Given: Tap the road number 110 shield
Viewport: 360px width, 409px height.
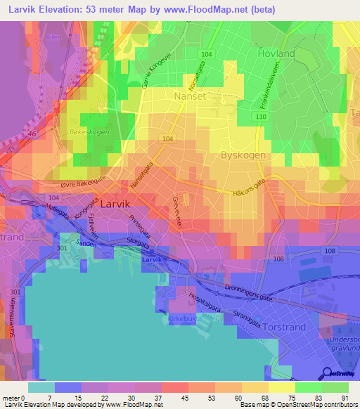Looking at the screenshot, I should click(x=261, y=115).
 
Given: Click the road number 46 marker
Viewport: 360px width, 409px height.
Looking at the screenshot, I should click(x=32, y=132).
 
